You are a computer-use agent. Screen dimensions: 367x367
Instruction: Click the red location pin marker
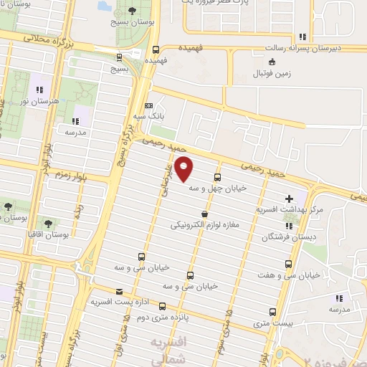click(x=184, y=168)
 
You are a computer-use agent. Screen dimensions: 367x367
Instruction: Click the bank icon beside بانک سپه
click(x=148, y=105)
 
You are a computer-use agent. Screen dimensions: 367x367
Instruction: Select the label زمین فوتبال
click(x=275, y=73)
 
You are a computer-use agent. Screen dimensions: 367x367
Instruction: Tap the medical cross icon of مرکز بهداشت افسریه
click(x=289, y=198)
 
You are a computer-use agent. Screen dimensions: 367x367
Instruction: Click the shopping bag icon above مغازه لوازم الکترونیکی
click(x=205, y=214)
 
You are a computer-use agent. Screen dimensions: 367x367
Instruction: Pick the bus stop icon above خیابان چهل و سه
click(x=217, y=178)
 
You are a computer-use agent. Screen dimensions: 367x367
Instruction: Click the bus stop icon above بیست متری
click(x=272, y=312)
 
